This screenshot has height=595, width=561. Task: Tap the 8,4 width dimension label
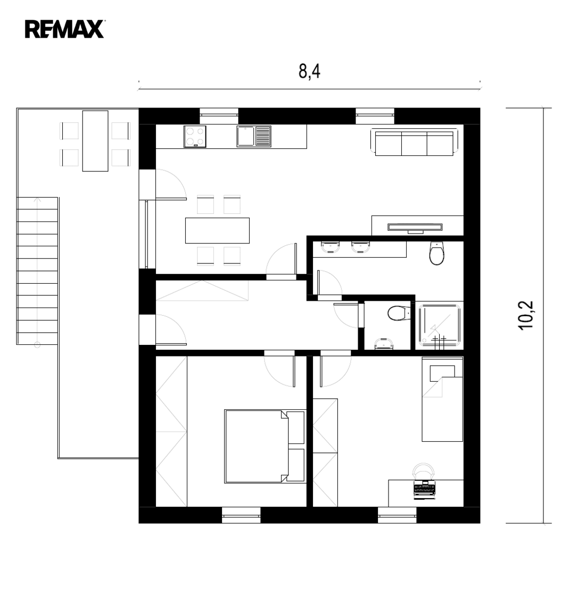309,71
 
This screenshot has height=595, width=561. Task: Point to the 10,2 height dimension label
526,315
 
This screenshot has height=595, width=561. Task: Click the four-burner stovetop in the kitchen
195,136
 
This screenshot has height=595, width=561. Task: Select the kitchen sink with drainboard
254,136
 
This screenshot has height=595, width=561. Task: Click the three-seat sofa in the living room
414,143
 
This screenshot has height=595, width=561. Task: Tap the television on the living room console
415,228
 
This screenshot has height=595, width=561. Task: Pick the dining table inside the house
217,230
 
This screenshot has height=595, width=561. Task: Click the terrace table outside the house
95,141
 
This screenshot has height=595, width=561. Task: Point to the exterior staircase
37,271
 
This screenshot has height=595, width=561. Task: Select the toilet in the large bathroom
436,253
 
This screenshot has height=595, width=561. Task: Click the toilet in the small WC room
399,313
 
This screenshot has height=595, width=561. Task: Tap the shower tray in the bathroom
439,326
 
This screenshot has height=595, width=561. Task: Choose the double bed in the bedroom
265,446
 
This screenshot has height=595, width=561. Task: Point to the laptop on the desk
424,489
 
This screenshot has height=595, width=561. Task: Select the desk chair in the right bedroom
423,470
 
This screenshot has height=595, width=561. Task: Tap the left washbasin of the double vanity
330,247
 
